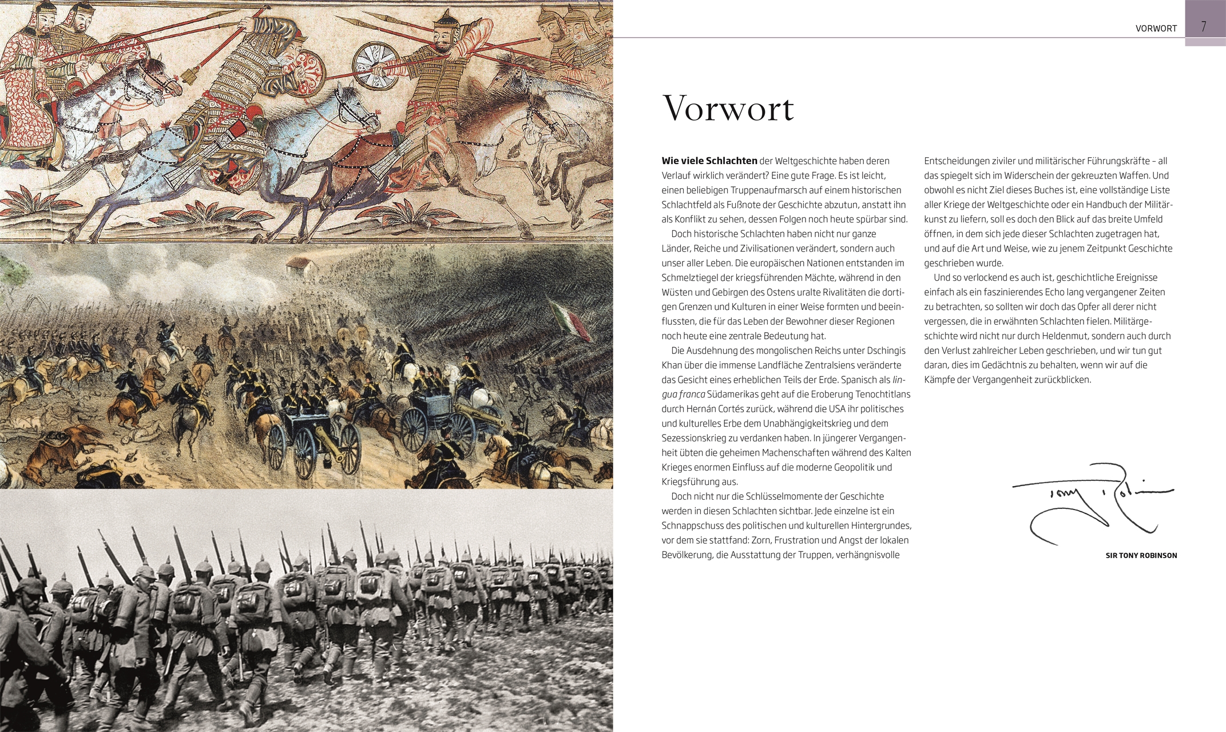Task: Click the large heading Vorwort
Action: coord(728,108)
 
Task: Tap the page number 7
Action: coord(1204,27)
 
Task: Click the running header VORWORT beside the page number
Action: coord(1156,29)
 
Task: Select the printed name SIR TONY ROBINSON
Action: coord(1141,555)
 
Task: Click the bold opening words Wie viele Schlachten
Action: coord(709,161)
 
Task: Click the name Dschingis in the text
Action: coord(886,351)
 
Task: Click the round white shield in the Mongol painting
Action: coord(375,65)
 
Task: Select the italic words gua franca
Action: coord(683,395)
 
